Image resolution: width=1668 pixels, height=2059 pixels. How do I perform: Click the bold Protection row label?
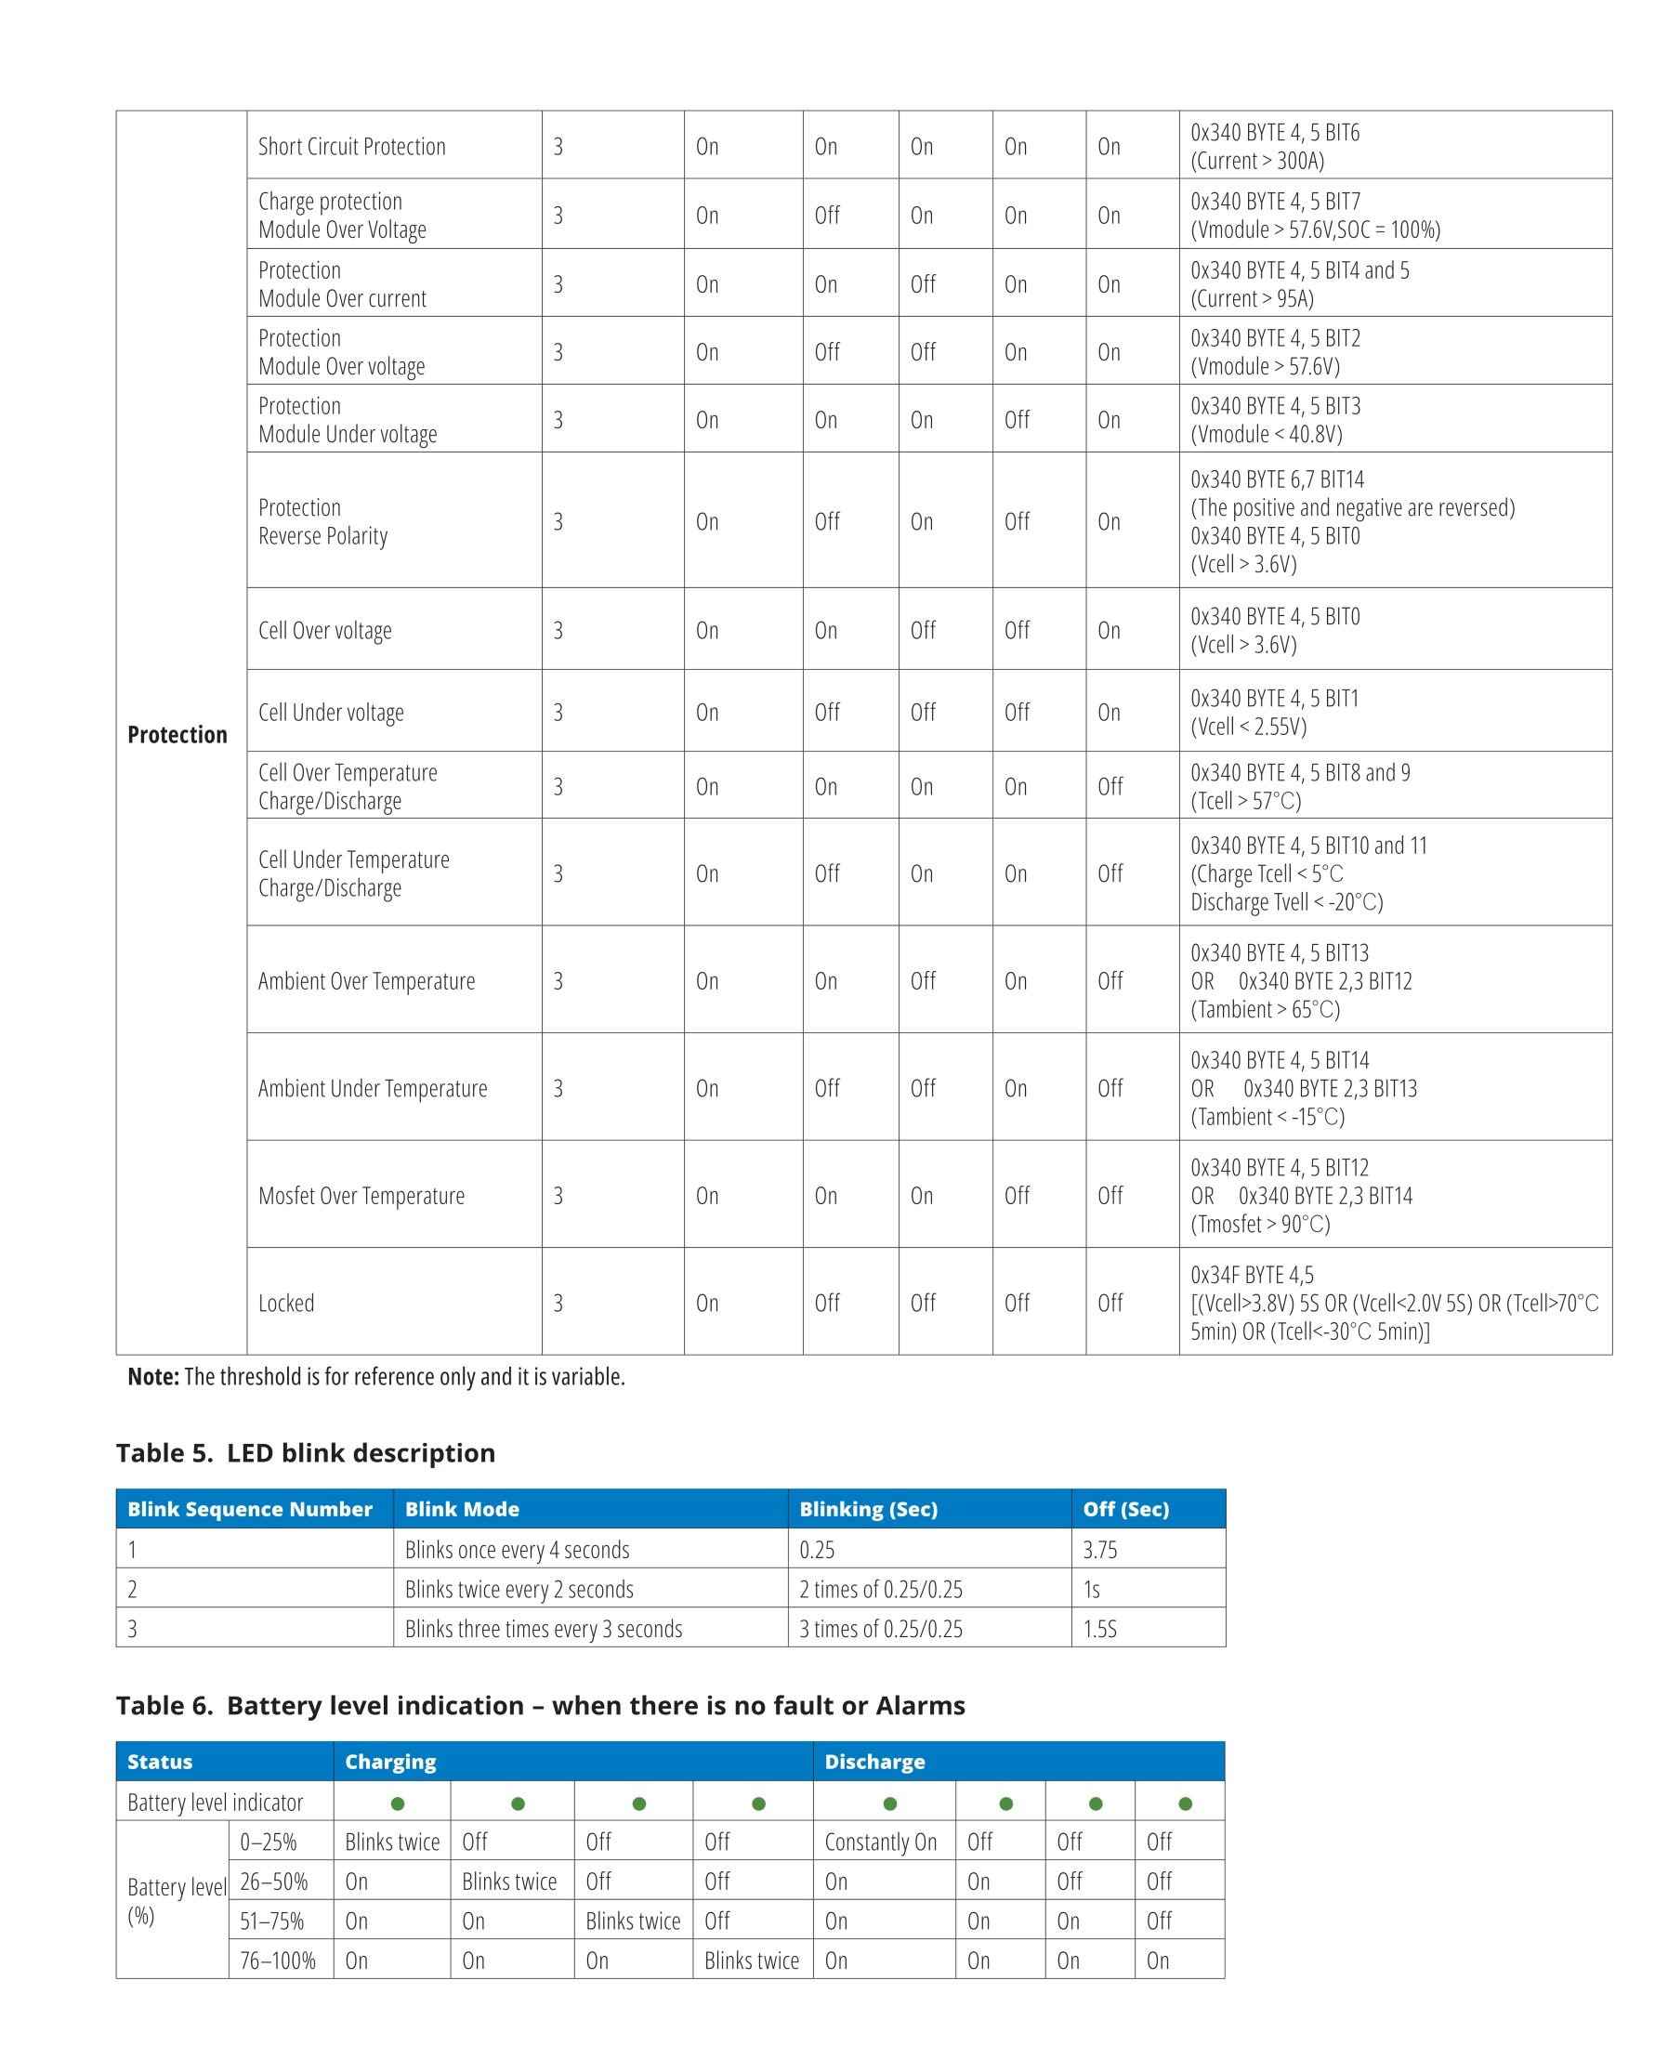pyautogui.click(x=177, y=735)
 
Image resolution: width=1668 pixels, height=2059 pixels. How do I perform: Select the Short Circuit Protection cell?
pyautogui.click(x=351, y=146)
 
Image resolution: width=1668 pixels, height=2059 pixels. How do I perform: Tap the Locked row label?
pyautogui.click(x=286, y=1303)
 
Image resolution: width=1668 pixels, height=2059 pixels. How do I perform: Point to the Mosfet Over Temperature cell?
pyautogui.click(x=361, y=1195)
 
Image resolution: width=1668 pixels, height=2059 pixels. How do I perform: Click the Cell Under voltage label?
pyautogui.click(x=331, y=712)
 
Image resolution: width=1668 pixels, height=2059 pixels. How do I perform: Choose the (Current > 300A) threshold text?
pyautogui.click(x=1256, y=161)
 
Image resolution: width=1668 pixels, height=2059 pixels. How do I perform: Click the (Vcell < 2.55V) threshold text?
pyautogui.click(x=1248, y=727)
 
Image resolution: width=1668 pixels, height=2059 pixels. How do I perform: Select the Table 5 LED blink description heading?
pyautogui.click(x=306, y=1453)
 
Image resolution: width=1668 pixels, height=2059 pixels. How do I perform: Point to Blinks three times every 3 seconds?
pyautogui.click(x=543, y=1629)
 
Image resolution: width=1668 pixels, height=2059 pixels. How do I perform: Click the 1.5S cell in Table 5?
pyautogui.click(x=1100, y=1629)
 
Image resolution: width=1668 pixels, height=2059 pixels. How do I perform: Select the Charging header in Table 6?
pyautogui.click(x=390, y=1761)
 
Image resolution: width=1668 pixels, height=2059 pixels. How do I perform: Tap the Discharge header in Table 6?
pyautogui.click(x=874, y=1761)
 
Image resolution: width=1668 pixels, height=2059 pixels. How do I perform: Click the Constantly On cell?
pyautogui.click(x=880, y=1842)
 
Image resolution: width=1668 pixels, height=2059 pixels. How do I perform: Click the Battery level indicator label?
pyautogui.click(x=216, y=1803)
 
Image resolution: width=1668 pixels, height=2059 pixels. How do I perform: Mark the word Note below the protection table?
pyautogui.click(x=152, y=1377)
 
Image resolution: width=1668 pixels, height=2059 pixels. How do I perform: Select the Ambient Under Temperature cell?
pyautogui.click(x=372, y=1088)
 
